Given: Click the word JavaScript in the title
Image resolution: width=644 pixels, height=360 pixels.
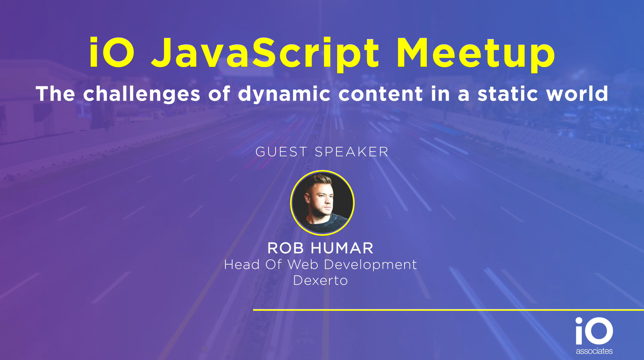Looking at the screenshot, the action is click(x=265, y=54).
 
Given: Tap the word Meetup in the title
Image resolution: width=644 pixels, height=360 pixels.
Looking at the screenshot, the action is click(x=476, y=54).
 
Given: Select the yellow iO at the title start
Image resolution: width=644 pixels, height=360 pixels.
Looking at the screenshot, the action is click(x=111, y=52).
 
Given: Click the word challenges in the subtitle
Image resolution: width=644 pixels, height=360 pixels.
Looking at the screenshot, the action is click(x=142, y=94).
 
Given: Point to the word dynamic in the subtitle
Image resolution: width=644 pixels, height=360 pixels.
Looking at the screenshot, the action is click(x=284, y=94).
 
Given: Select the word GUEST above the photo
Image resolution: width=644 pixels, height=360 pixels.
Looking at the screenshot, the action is click(x=281, y=152).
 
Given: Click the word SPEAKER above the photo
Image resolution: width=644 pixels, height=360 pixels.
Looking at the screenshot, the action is click(x=352, y=152).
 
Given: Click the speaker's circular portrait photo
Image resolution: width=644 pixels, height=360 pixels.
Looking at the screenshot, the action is click(x=322, y=203).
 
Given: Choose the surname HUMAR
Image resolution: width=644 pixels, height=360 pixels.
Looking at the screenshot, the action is click(x=342, y=248).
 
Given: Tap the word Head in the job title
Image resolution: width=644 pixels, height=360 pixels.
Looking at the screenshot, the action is click(x=242, y=265).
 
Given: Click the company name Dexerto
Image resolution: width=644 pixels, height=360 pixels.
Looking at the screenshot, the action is click(x=320, y=281).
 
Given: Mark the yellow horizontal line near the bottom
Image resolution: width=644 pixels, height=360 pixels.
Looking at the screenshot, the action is click(x=448, y=310).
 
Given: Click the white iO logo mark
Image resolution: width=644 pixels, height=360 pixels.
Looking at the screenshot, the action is click(x=594, y=331).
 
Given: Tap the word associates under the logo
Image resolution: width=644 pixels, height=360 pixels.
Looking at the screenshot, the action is click(x=594, y=351).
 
